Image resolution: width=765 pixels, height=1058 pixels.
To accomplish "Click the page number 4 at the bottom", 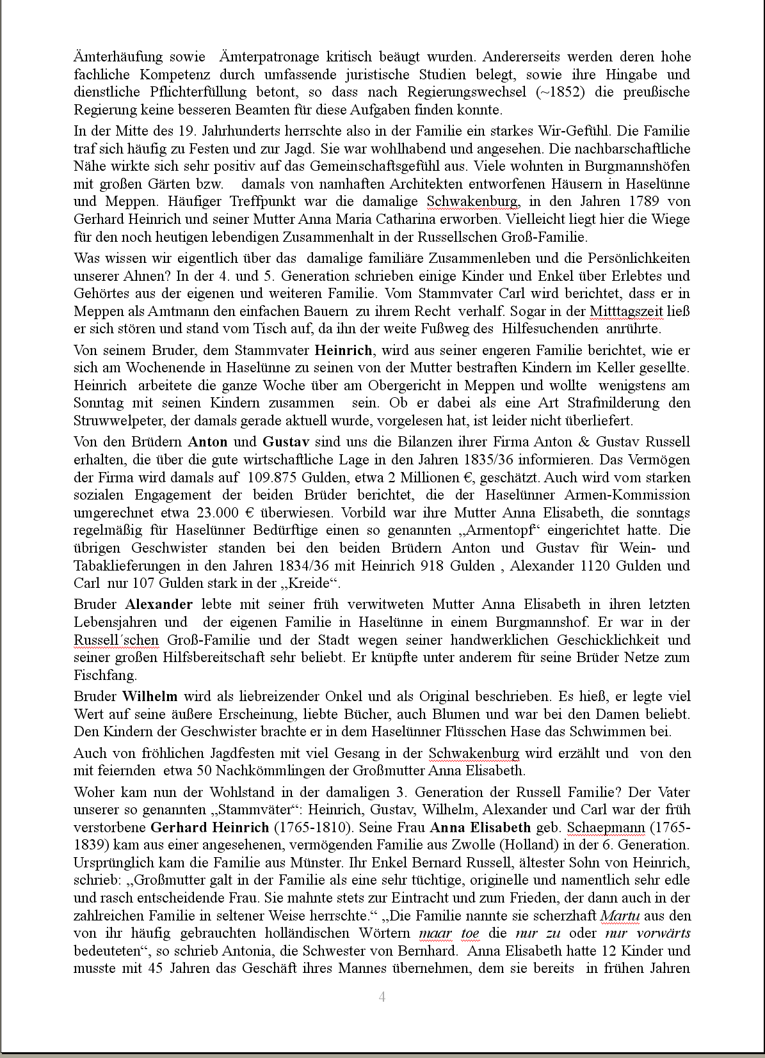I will tap(382, 997).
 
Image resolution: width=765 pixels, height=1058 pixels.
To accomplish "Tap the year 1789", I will tap(645, 201).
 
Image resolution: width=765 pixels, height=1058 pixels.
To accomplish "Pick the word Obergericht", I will tap(405, 386).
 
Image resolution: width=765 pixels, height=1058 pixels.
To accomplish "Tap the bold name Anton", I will tap(207, 442).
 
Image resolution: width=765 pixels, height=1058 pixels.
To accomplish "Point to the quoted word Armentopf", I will tap(493, 530).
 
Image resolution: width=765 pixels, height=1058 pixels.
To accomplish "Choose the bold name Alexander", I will tap(159, 604).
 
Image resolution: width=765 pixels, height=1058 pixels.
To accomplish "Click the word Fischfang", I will tap(105, 675).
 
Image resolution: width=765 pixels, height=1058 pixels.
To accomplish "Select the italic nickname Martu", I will tap(620, 916).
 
